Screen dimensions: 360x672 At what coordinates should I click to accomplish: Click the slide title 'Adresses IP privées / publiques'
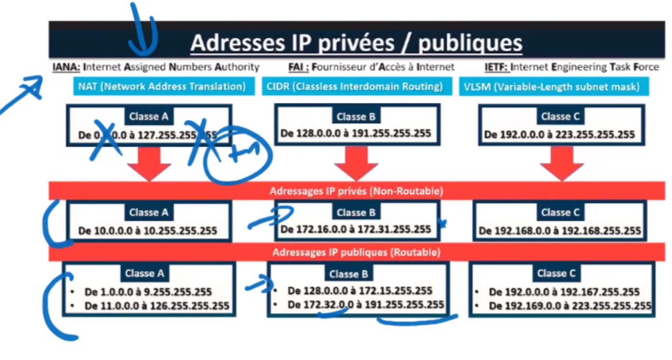point(356,43)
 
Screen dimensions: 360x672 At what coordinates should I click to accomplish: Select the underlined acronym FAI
point(299,67)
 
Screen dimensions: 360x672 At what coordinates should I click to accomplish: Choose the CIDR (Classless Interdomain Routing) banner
point(355,87)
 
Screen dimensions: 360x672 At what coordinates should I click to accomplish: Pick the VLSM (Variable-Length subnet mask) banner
point(553,87)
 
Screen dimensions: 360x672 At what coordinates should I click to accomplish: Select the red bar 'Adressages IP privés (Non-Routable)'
point(356,191)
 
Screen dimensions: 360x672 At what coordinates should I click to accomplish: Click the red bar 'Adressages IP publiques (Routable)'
point(356,252)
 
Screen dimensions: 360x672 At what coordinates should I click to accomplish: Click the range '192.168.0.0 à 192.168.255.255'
point(559,231)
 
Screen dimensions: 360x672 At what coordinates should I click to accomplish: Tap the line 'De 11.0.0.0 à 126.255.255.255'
point(157,306)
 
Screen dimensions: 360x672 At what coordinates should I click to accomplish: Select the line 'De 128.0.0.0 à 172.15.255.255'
point(360,291)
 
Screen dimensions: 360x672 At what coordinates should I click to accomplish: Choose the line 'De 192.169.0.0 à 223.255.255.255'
point(570,306)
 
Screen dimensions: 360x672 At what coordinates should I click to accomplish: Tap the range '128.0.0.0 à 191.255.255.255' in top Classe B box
point(356,133)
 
